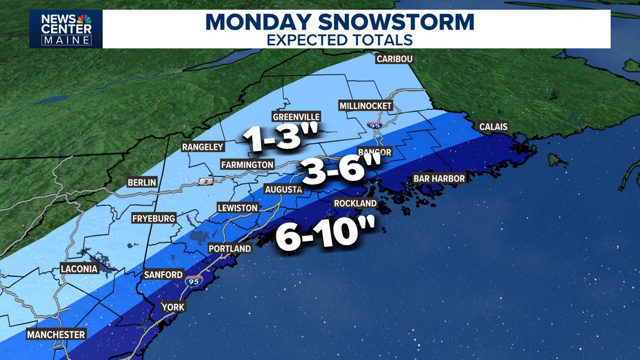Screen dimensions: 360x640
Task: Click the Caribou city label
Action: click(394, 59)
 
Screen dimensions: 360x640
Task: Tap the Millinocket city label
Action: click(365, 106)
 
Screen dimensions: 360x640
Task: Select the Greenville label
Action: click(296, 117)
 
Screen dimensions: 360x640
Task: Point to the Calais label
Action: click(493, 127)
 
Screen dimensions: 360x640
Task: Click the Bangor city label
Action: click(374, 152)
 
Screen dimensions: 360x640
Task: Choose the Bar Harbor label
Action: click(439, 179)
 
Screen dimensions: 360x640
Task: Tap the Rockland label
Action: click(355, 203)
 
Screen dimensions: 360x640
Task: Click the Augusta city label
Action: click(284, 190)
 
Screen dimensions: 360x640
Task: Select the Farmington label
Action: click(247, 165)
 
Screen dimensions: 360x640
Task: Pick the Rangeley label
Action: click(203, 147)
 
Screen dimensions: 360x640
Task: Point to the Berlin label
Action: click(142, 183)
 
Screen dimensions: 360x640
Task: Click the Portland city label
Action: click(230, 248)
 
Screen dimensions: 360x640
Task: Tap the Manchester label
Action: click(56, 335)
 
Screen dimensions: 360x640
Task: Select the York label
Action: click(172, 307)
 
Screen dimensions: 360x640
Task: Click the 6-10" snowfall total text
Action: click(324, 234)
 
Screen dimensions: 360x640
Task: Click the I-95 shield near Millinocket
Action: click(374, 125)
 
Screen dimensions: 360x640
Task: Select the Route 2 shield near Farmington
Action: click(205, 182)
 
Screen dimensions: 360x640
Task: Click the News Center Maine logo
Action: click(66, 29)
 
